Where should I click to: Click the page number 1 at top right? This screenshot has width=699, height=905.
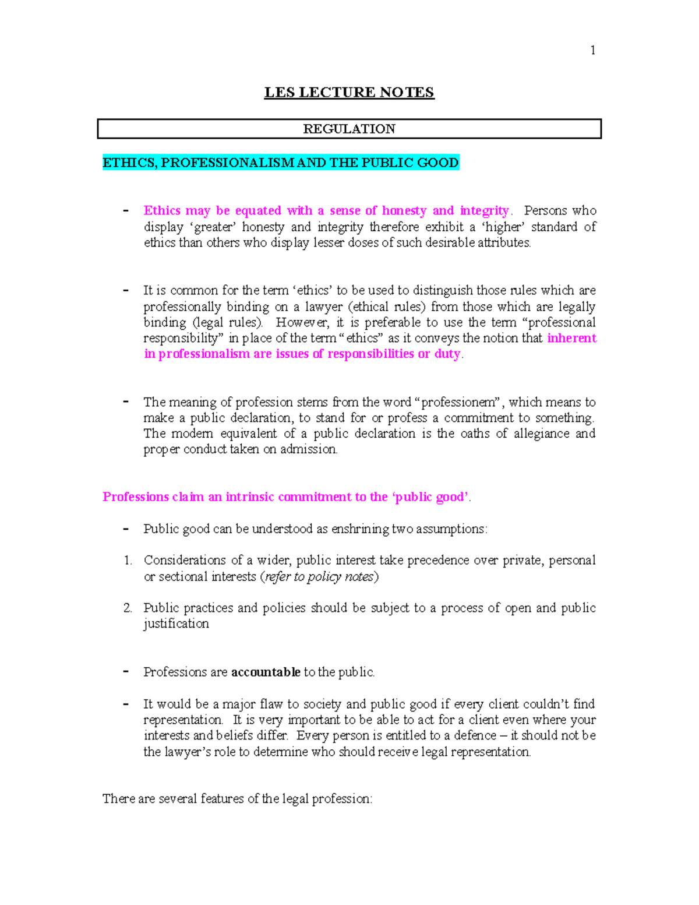(592, 51)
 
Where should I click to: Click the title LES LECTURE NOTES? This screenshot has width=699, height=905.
(349, 93)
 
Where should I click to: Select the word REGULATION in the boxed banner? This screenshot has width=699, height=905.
(349, 129)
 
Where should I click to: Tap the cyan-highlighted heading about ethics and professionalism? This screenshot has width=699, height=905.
(280, 163)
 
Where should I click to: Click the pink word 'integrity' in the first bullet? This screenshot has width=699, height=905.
(484, 211)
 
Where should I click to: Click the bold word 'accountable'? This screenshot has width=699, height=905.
(266, 672)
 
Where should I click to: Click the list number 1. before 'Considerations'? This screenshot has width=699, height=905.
(128, 561)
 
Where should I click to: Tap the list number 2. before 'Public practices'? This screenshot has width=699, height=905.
(128, 608)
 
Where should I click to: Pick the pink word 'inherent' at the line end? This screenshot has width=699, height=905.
(571, 339)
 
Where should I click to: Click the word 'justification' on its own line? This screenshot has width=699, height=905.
(176, 624)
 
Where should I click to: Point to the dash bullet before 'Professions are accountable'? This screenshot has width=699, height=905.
(126, 671)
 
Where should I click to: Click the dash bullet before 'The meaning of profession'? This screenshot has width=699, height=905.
(126, 401)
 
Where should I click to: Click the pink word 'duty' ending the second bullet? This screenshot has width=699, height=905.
(447, 354)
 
